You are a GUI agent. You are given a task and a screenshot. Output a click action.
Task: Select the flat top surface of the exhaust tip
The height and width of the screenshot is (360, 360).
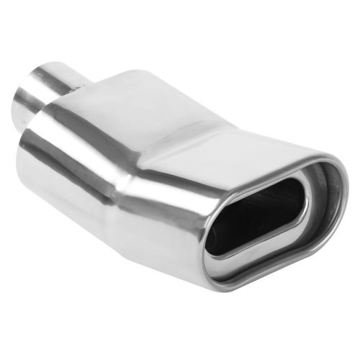click(x=180, y=108)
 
